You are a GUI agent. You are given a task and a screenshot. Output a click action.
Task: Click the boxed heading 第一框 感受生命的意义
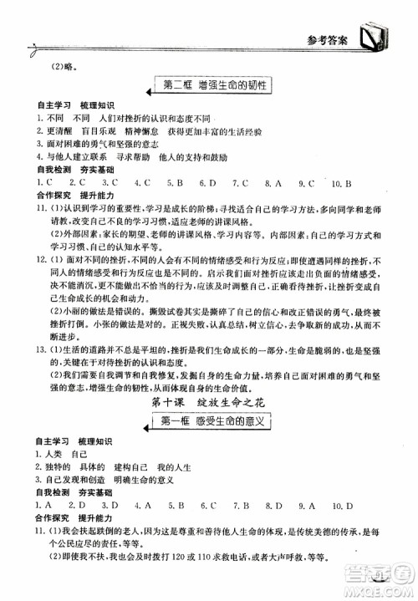pyautogui.click(x=223, y=423)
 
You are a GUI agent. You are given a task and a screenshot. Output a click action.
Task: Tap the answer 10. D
pyautogui.click(x=341, y=506)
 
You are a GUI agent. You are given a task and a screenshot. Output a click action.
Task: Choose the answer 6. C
pyautogui.click(x=209, y=506)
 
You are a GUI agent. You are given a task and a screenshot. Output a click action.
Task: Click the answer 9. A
pyautogui.click(x=307, y=506)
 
